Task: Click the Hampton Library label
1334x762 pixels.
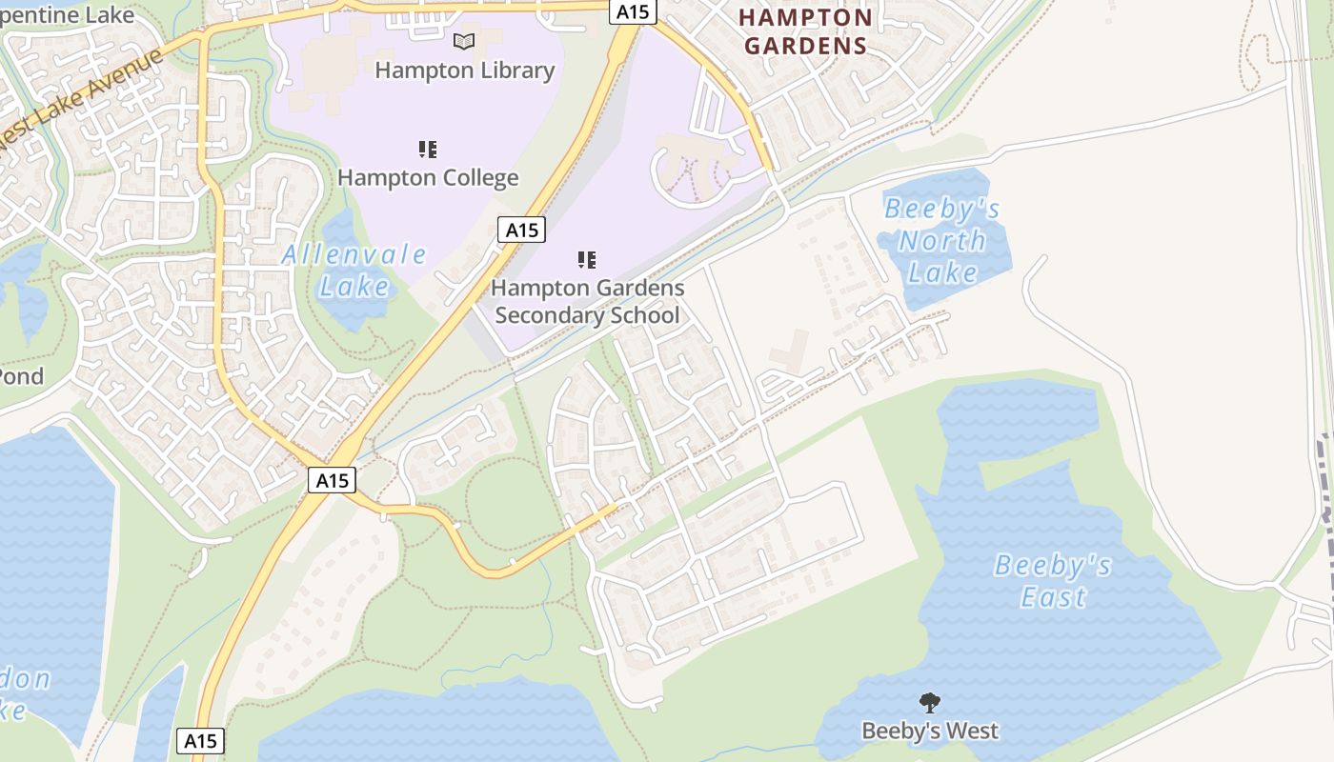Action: (x=464, y=70)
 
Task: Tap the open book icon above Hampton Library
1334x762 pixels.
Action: (x=464, y=41)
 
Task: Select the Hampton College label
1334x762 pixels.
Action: (x=428, y=178)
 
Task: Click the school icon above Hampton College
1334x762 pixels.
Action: (x=428, y=149)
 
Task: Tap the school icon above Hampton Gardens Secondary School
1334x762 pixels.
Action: (x=587, y=259)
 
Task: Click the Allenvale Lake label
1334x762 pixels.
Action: (x=354, y=270)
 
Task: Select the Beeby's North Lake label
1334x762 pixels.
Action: (x=942, y=241)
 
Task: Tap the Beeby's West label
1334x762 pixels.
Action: (x=930, y=732)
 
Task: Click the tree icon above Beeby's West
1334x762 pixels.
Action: (x=930, y=703)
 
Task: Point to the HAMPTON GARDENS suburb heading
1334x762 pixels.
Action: (x=805, y=31)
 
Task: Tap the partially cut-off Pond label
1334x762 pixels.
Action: (x=21, y=376)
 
